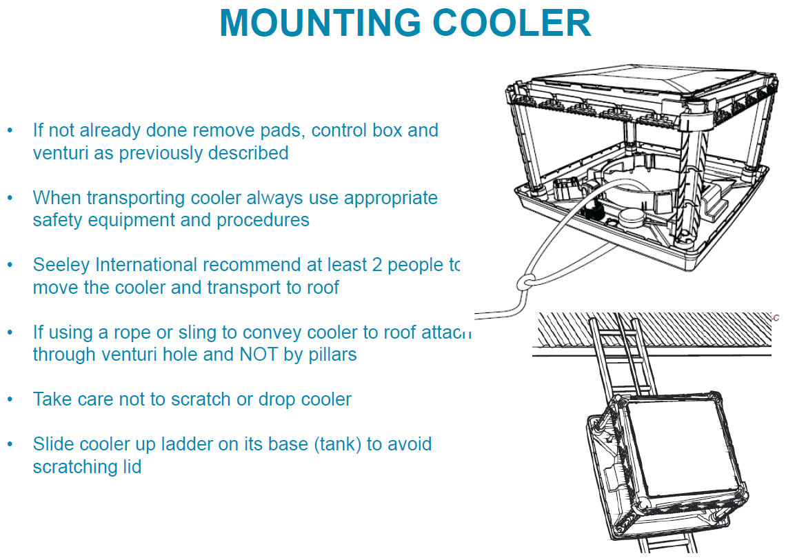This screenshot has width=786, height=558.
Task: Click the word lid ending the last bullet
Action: [131, 467]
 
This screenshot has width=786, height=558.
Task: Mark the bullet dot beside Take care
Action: [10, 399]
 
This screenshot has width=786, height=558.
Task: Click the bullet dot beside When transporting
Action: [10, 198]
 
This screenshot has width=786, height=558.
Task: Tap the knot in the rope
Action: [525, 281]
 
